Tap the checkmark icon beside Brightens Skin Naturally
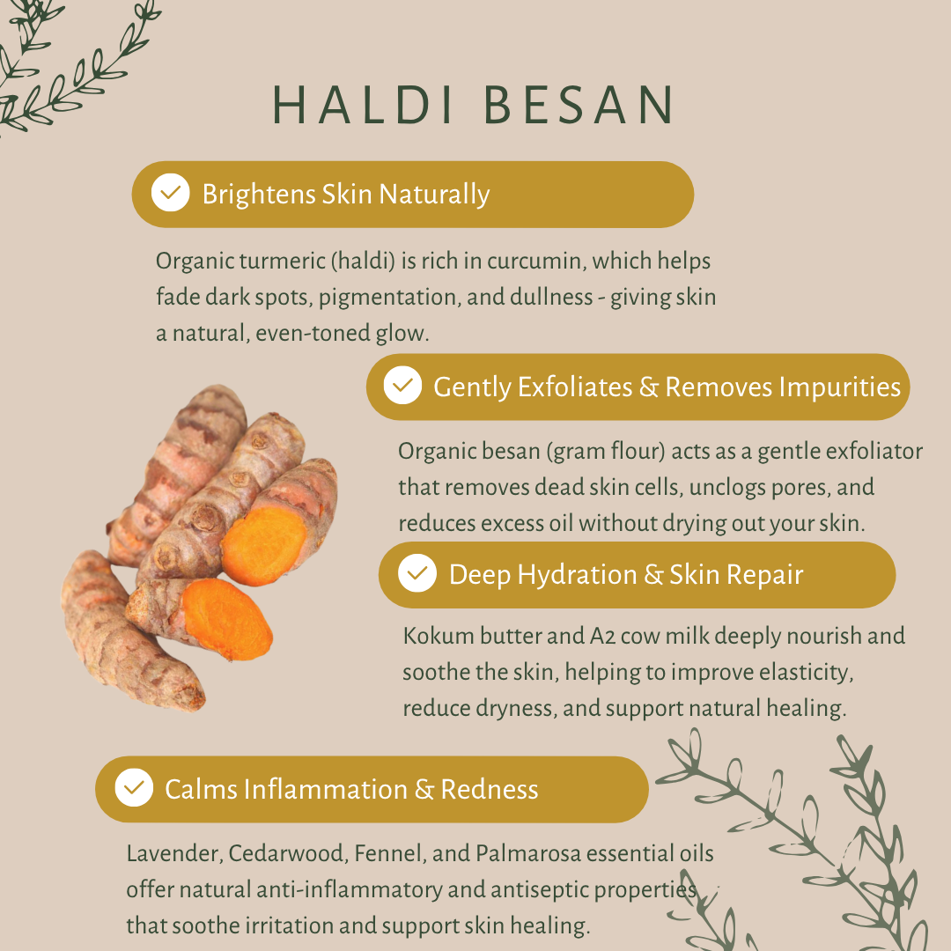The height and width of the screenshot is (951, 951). (x=170, y=193)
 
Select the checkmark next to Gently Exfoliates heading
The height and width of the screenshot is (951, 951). (x=403, y=386)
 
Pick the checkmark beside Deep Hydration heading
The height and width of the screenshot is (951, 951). (x=417, y=574)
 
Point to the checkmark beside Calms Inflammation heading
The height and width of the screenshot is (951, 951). (x=134, y=788)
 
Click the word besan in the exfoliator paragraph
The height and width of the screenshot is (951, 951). (x=511, y=452)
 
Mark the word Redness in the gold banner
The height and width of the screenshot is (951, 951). (x=490, y=789)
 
